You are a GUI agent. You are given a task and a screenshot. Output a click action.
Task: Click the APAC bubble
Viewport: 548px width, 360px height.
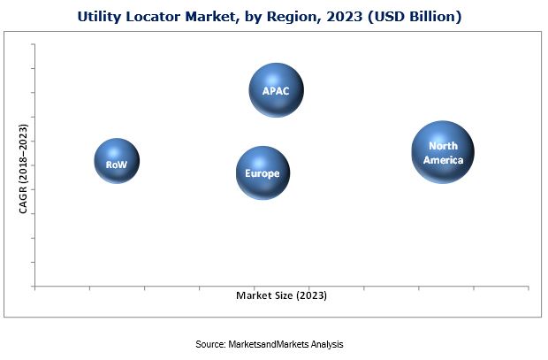point(276,90)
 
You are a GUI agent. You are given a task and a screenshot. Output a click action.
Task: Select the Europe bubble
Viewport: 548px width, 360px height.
point(263,173)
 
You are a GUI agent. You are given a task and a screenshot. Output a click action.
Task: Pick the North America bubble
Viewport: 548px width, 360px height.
point(442,152)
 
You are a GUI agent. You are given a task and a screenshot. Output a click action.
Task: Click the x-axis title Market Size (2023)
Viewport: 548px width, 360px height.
point(281,296)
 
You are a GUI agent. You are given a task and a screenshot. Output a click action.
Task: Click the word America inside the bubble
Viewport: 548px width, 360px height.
point(442,159)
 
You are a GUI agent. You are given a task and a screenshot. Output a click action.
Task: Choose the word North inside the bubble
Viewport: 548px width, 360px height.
point(442,146)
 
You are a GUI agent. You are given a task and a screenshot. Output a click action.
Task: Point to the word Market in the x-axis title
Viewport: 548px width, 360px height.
point(252,296)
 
